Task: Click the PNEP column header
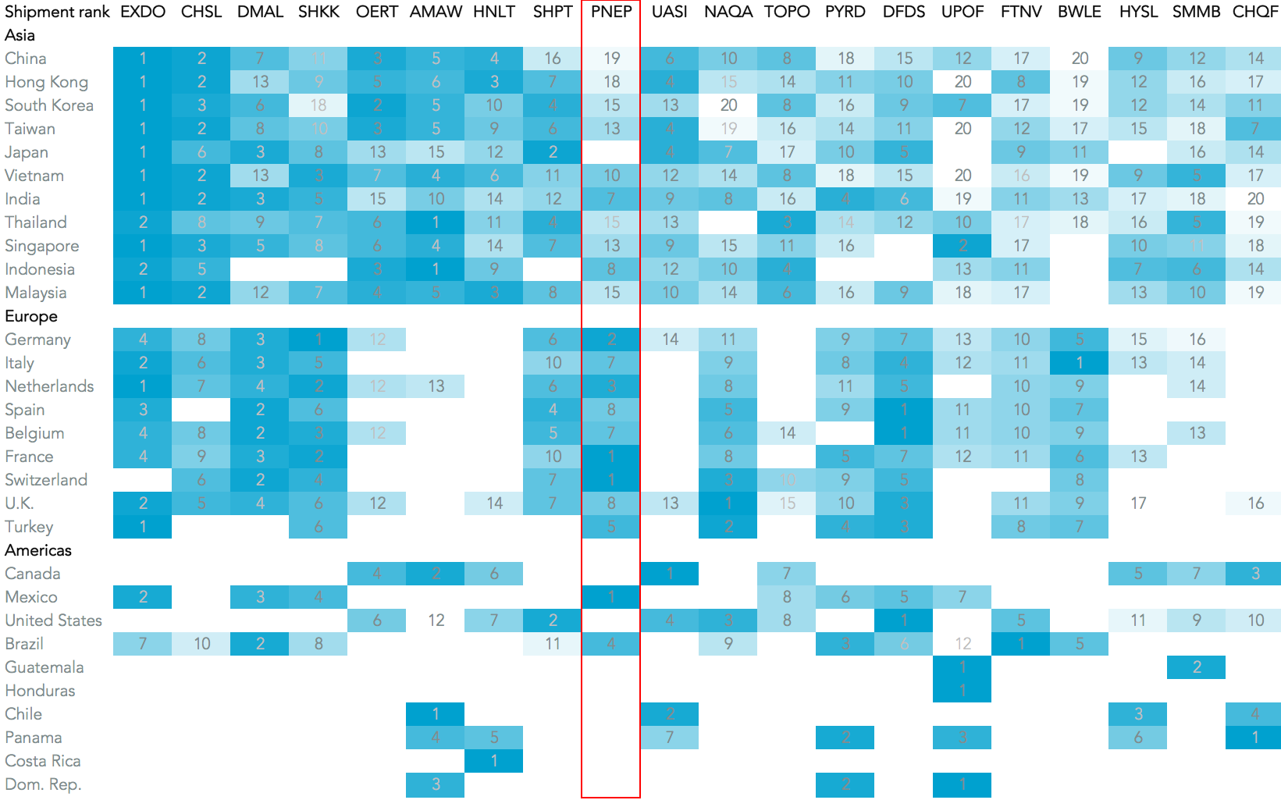coord(611,12)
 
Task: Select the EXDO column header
coord(143,12)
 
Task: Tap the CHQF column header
coord(1255,12)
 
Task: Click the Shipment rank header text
coord(57,12)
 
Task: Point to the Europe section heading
coord(31,316)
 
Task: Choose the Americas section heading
coord(38,550)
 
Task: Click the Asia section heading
coord(20,35)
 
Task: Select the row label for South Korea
coord(49,105)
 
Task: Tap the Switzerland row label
coord(46,480)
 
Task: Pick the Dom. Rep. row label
coord(43,784)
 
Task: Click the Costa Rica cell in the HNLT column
coord(494,761)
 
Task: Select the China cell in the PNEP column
coord(611,59)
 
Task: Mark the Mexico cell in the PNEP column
coord(611,597)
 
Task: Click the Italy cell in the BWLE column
coord(1080,363)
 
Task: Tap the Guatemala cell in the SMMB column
coord(1197,667)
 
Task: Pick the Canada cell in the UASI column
coord(670,574)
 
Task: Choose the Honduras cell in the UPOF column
coord(963,691)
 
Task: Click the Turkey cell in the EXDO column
coord(143,527)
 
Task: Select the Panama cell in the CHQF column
coord(1255,738)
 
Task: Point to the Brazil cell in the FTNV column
coord(1021,644)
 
